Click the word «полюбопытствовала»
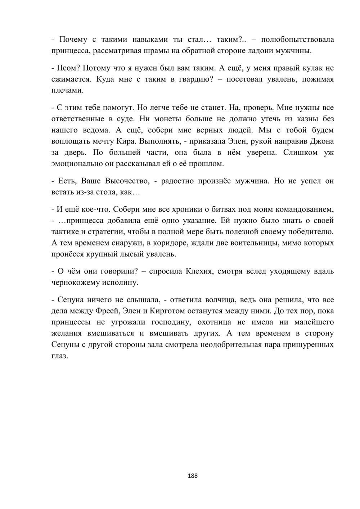pyautogui.click(x=297, y=39)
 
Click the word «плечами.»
pyautogui.click(x=67, y=90)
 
